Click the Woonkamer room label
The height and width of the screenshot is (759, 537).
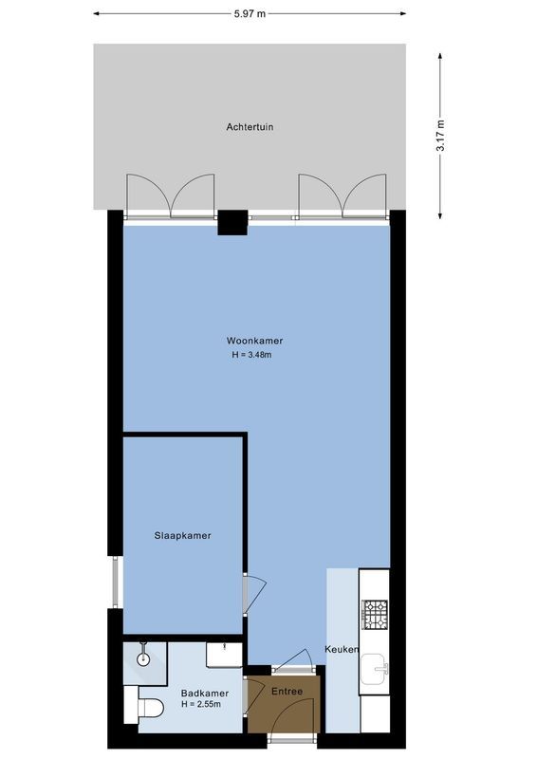pos(254,341)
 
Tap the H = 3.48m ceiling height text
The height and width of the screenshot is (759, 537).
pos(254,355)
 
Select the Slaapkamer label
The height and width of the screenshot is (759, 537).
pos(182,535)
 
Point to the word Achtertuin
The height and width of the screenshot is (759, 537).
pos(250,126)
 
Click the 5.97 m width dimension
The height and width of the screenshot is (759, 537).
pos(250,13)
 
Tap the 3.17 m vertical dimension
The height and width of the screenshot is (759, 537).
pos(440,134)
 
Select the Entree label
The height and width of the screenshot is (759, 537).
pos(287,691)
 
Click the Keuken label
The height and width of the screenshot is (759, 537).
pos(342,650)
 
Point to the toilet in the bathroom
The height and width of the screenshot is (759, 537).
pos(147,706)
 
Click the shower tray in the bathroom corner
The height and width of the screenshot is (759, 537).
pos(144,660)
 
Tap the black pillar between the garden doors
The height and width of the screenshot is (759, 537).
pos(232,222)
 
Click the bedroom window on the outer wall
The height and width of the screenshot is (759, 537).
pos(117,583)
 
